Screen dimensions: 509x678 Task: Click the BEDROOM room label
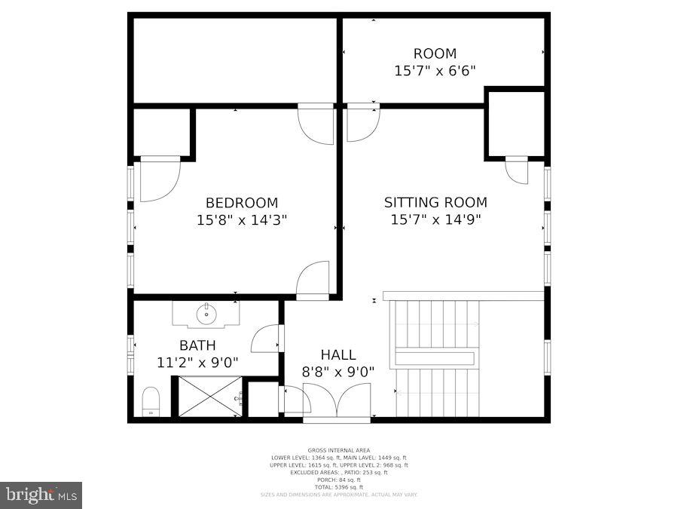coord(242,203)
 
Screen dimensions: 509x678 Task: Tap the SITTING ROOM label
coord(435,202)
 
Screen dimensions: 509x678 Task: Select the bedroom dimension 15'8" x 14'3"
coord(242,220)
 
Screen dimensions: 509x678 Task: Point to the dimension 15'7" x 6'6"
coord(435,71)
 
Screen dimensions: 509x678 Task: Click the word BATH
coord(197,345)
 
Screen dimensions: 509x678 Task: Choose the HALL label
coord(338,354)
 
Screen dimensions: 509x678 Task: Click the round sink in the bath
coord(206,314)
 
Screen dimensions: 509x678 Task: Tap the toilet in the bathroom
coord(151,401)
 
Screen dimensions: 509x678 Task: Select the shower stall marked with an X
coord(208,397)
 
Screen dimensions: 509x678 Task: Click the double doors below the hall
coord(337,400)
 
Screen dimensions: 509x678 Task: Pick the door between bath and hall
coord(267,339)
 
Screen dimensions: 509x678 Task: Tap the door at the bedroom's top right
coord(316,124)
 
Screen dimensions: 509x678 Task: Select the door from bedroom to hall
coord(313,280)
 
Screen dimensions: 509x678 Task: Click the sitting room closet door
coord(517,170)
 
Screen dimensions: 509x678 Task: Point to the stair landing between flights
coord(435,358)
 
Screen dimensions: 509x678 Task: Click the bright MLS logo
coord(41,495)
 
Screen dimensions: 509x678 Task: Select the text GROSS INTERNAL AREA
coord(338,450)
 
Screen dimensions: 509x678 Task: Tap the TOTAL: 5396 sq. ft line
coord(338,486)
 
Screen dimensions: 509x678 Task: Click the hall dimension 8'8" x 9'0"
coord(338,371)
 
